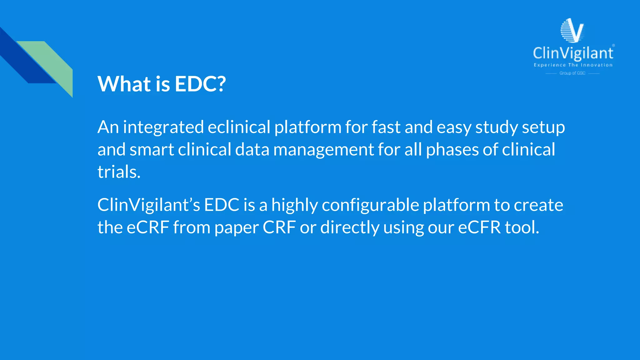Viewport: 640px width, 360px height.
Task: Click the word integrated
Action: pos(163,127)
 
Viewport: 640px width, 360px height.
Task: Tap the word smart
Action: pos(152,150)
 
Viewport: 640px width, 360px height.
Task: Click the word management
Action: pos(323,150)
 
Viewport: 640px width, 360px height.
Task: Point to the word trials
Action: pos(119,172)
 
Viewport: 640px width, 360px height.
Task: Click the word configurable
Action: pos(370,205)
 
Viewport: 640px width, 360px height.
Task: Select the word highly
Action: pos(294,205)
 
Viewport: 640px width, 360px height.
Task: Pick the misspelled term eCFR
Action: pos(479,227)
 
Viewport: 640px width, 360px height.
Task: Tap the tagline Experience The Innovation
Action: pos(573,65)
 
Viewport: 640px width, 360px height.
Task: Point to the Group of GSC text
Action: pos(572,73)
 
